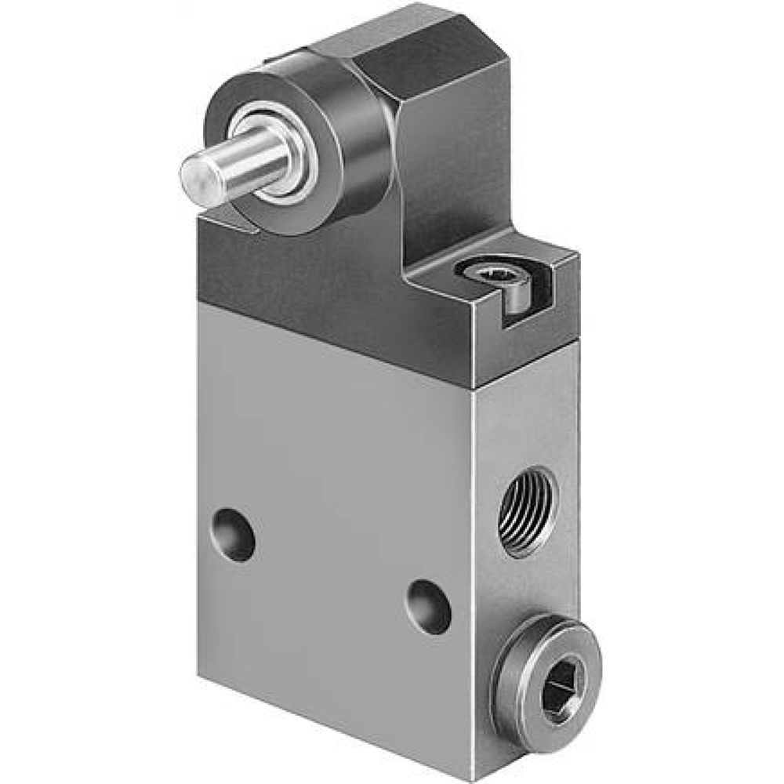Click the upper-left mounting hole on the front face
pos(234,534)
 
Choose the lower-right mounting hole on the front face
pos(429,605)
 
